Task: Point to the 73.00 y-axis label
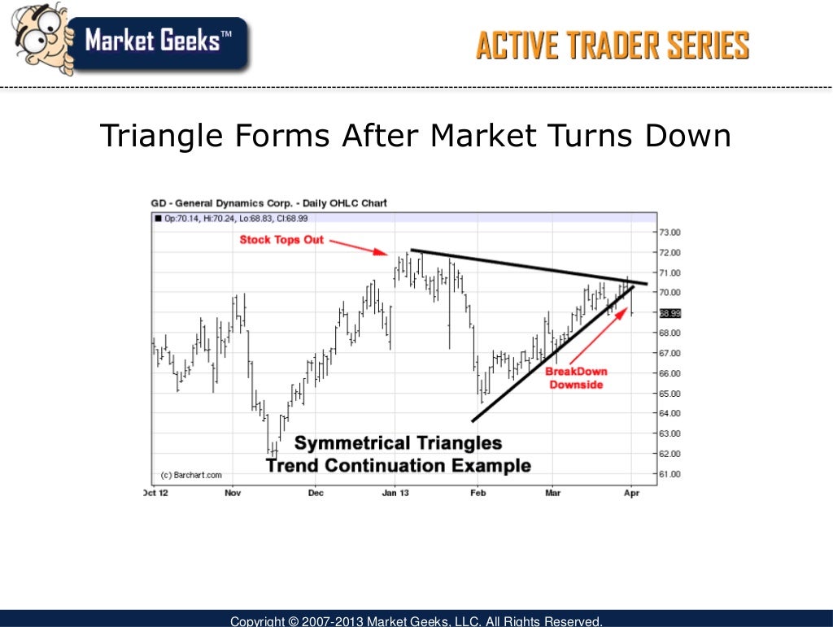pyautogui.click(x=670, y=232)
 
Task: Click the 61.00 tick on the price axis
pyautogui.click(x=670, y=473)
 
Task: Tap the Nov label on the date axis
pyautogui.click(x=233, y=493)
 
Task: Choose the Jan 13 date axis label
pyautogui.click(x=395, y=493)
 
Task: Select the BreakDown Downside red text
pyautogui.click(x=576, y=378)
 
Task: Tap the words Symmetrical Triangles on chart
pyautogui.click(x=398, y=443)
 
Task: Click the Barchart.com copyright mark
pyautogui.click(x=190, y=475)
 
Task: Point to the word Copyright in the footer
pyautogui.click(x=257, y=621)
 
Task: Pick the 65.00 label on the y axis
pyautogui.click(x=670, y=393)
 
